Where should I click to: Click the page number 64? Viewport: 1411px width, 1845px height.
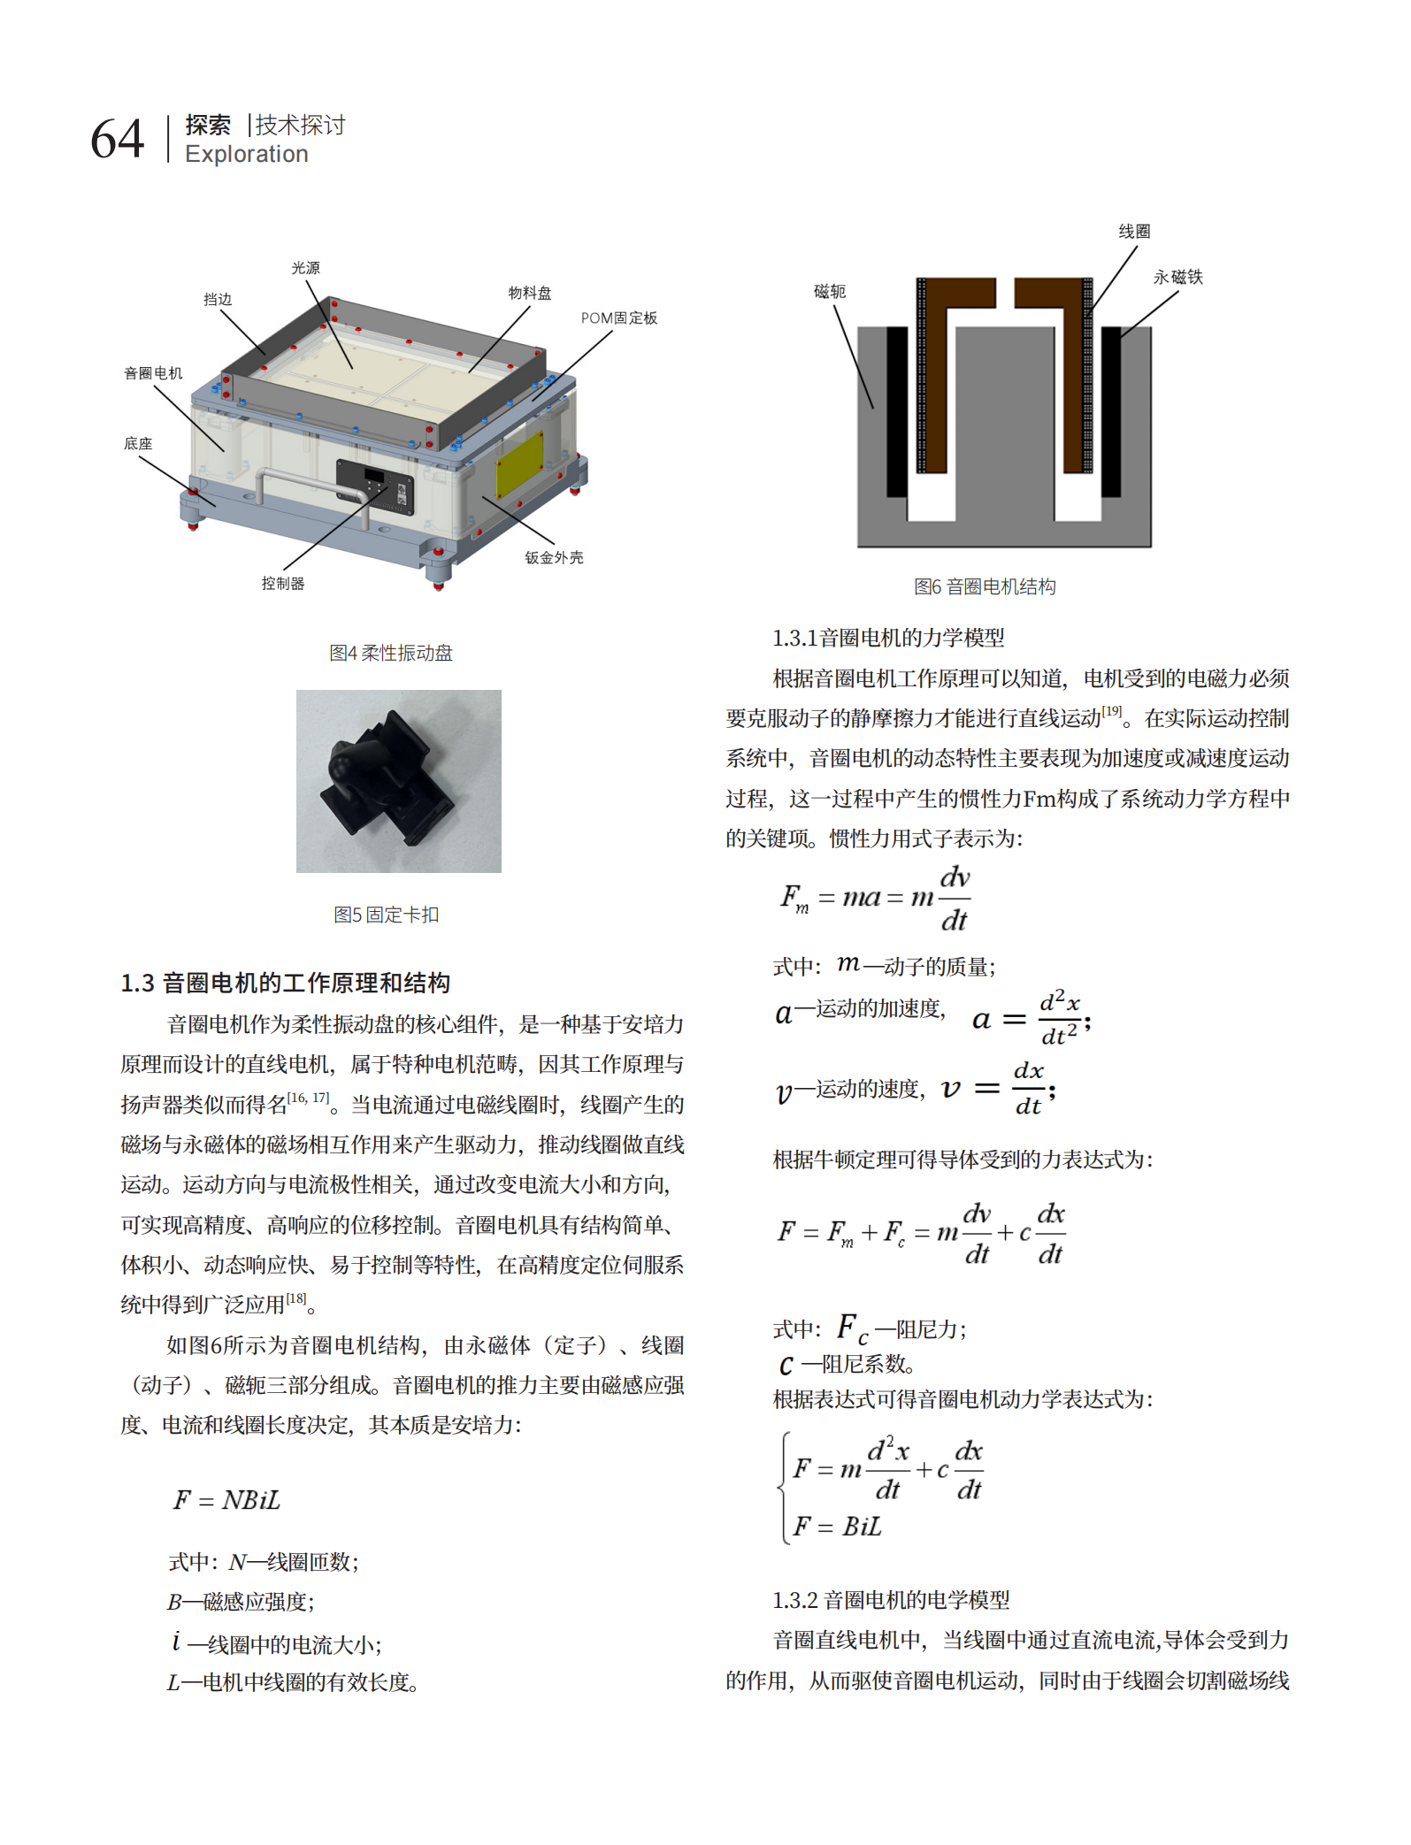[x=117, y=139]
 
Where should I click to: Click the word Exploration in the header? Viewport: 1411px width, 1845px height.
[x=247, y=155]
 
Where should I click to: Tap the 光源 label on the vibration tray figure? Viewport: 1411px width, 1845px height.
[x=306, y=268]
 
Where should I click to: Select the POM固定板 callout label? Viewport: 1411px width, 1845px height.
[x=619, y=318]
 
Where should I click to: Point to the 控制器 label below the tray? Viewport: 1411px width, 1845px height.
[x=283, y=584]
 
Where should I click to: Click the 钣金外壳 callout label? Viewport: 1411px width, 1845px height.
[x=554, y=558]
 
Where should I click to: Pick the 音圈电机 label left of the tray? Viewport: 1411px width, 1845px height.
[x=153, y=373]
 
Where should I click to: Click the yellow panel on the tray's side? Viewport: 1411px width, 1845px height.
[x=519, y=463]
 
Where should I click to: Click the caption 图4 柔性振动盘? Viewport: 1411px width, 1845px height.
[x=391, y=653]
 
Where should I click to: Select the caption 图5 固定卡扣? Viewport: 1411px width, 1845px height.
[x=387, y=915]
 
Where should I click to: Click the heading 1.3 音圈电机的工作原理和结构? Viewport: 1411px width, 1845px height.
[x=286, y=983]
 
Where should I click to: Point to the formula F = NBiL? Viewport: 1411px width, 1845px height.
[x=226, y=1500]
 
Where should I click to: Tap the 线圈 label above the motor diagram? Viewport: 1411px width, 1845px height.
[x=1134, y=232]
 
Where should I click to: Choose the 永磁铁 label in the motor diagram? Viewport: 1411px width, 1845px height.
[x=1177, y=278]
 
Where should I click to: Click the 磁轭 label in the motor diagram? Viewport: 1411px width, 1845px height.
[x=830, y=292]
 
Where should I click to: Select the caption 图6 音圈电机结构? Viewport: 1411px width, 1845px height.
[x=985, y=586]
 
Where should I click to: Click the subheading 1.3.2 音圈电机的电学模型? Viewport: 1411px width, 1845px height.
[x=891, y=1600]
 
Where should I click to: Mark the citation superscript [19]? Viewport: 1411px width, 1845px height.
[x=1112, y=711]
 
